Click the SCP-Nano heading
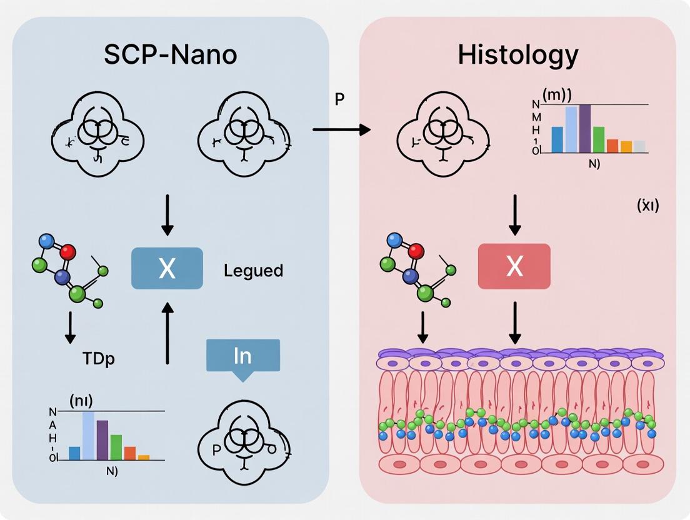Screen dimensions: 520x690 170,55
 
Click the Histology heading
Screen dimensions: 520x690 517,55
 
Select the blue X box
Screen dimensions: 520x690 167,268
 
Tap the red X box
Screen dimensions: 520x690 514,266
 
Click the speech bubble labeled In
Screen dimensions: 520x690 242,357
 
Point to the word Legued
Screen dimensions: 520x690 253,271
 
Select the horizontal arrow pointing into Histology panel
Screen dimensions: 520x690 341,129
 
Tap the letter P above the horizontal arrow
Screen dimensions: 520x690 339,99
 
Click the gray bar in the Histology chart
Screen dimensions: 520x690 639,147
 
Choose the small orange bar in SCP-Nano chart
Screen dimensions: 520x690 144,457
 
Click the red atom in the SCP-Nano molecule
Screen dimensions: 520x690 68,252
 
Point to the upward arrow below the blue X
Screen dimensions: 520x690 167,331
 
